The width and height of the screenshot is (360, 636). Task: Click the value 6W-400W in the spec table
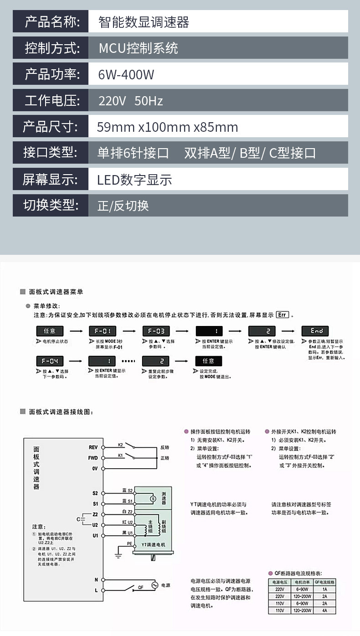[x=126, y=74]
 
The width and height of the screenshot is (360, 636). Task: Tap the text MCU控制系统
[x=139, y=48]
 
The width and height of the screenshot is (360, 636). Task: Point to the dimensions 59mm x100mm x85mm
[x=167, y=127]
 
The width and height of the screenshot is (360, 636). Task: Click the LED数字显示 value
[x=134, y=180]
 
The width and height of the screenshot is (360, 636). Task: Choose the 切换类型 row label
[x=51, y=206]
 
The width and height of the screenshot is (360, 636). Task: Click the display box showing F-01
[x=102, y=331]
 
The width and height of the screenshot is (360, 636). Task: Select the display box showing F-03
[x=156, y=331]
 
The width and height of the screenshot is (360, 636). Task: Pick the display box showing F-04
[x=49, y=361]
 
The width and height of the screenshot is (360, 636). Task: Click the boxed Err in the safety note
[x=283, y=315]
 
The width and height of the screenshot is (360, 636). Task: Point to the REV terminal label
[x=93, y=447]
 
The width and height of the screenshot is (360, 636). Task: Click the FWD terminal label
[x=93, y=458]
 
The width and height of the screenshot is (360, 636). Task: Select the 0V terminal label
[x=94, y=468]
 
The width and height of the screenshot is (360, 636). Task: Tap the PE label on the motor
[x=130, y=544]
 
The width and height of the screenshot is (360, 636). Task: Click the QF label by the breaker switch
[x=140, y=588]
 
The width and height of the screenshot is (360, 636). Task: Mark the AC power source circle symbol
[x=154, y=584]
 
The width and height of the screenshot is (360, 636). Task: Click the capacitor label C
[x=78, y=519]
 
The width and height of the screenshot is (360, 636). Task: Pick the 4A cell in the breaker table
[x=324, y=610]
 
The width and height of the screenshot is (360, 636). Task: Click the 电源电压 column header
[x=279, y=582]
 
